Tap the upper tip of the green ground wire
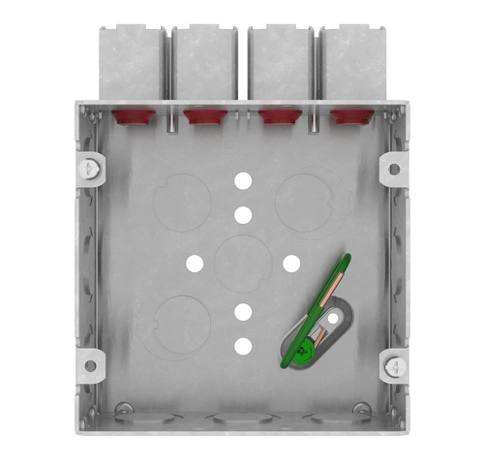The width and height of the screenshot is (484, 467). pyautogui.click(x=346, y=258)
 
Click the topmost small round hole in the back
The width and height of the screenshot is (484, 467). pyautogui.click(x=243, y=181)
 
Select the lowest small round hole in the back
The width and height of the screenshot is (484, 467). pyautogui.click(x=243, y=345)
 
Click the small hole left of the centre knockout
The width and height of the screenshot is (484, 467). pyautogui.click(x=195, y=263)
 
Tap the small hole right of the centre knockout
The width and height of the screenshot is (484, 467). pyautogui.click(x=290, y=263)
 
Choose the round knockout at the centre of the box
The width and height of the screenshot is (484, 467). pyautogui.click(x=243, y=263)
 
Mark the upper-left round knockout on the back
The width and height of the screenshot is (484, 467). pyautogui.click(x=180, y=202)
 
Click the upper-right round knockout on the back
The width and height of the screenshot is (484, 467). pyautogui.click(x=304, y=202)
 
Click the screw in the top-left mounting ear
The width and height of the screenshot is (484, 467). pyautogui.click(x=89, y=167)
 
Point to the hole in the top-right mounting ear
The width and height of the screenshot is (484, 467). pyautogui.click(x=394, y=169)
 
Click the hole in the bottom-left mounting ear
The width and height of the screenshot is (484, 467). pyautogui.click(x=90, y=366)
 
